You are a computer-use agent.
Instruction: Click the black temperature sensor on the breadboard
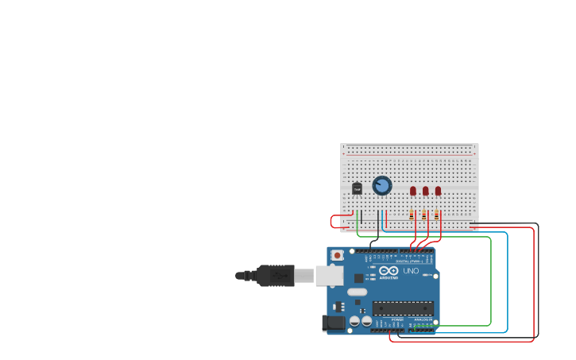tap(357, 188)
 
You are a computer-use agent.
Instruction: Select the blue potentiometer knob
tap(382, 185)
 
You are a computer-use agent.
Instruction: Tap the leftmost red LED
tap(413, 191)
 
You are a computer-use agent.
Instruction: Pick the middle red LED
tap(426, 191)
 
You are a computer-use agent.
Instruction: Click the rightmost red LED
tap(438, 191)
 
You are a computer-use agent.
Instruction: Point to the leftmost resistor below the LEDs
tap(412, 215)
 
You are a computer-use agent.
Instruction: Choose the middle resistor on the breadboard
tap(424, 215)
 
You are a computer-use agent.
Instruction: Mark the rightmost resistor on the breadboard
tap(436, 215)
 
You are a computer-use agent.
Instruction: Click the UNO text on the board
tap(411, 271)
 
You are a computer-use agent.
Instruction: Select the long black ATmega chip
tap(403, 308)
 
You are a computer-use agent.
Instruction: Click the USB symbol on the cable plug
tap(278, 275)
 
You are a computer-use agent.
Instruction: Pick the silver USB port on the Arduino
tap(328, 275)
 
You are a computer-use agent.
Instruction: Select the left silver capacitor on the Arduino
tap(354, 322)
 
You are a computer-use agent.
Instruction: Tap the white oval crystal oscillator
tap(358, 292)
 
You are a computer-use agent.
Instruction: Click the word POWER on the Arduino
tap(396, 319)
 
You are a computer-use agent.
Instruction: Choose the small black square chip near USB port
tap(358, 278)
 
